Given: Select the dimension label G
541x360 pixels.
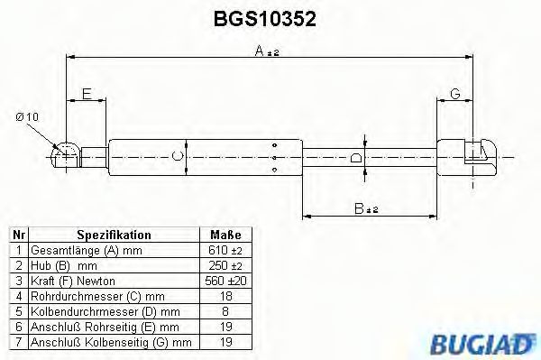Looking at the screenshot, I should [455, 94].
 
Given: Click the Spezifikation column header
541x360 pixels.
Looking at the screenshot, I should [114, 235].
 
